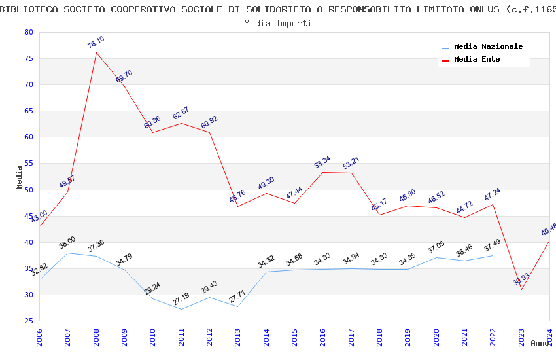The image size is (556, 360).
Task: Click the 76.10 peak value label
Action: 96,43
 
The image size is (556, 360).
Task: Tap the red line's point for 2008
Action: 96,52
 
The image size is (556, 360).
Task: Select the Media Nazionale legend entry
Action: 488,47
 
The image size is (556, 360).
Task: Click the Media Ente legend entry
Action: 477,60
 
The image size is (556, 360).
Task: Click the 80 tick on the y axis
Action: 27,32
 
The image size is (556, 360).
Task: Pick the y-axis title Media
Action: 19,177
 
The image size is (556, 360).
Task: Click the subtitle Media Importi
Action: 278,23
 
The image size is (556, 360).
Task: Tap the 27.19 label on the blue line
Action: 181,299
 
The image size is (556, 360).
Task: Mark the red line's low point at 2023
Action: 521,289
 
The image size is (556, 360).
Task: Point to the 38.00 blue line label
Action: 67,242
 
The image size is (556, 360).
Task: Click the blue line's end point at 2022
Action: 493,255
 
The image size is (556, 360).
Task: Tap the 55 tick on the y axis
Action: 27,164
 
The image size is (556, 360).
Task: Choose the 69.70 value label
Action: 124,76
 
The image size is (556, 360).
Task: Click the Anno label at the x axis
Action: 540,343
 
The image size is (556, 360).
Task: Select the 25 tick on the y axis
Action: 27,321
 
